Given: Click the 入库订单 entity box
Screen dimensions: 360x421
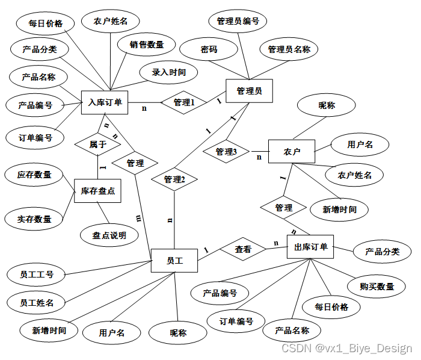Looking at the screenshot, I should coord(105,102).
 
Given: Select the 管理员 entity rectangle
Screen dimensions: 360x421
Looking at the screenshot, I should coord(249,92).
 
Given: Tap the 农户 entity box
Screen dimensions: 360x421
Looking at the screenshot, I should coord(291,151).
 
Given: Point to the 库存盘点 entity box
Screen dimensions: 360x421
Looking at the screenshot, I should coord(97,191).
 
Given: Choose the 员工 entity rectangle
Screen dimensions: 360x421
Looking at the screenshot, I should coord(174,261).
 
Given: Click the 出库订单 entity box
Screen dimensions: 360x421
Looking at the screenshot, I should coord(310,247).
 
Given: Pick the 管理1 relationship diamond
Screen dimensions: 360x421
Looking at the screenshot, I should coord(184,103).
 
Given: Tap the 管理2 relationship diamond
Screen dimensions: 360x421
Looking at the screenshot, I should coord(174,179).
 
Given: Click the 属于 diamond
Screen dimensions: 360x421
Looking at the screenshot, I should coord(97,144).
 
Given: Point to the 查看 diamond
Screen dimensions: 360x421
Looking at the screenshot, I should coord(243,249).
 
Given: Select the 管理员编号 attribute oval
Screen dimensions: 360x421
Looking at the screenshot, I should coord(238,22).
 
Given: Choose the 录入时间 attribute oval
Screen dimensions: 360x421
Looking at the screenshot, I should coord(168,72).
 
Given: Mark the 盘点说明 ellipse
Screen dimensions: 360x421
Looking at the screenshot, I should coord(109,235).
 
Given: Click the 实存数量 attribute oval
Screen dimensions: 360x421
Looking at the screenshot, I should coord(34,219).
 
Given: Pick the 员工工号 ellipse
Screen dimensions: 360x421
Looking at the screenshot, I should coord(37,275).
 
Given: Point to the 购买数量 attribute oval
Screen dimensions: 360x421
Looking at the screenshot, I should coord(377,287).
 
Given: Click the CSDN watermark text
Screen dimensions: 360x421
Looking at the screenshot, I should coord(347,349).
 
